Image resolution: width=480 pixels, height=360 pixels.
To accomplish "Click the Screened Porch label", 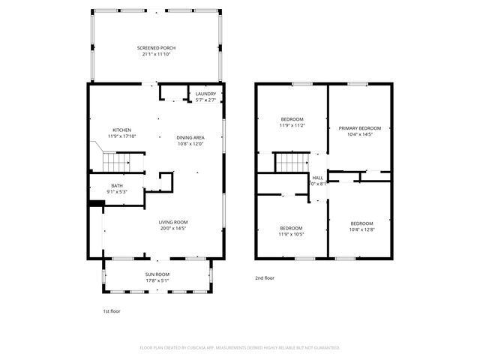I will [x=157, y=48].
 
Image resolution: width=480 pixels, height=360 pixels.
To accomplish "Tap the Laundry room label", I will [x=205, y=94].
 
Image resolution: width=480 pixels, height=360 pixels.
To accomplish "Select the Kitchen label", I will [x=121, y=130].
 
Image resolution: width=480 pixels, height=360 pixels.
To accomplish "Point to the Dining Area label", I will [x=190, y=138].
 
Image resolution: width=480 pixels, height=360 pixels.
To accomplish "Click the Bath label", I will [x=117, y=185].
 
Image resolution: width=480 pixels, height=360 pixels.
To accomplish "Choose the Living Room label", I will [x=172, y=222].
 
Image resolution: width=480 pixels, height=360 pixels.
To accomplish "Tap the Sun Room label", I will [x=157, y=275].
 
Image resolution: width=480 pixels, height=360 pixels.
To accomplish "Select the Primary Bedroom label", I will [x=359, y=128].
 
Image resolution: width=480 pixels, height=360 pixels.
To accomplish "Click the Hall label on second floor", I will [x=317, y=178].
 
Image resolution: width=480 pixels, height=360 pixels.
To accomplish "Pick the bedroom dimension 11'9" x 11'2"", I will [x=292, y=126].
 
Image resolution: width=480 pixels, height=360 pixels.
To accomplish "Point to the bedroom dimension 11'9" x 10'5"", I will [x=292, y=234].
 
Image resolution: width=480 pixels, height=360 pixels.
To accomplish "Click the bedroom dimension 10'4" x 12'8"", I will [x=361, y=229].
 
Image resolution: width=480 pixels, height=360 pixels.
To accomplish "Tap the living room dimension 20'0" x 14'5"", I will [x=172, y=229].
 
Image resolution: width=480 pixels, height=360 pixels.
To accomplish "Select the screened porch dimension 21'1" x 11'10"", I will [x=157, y=54].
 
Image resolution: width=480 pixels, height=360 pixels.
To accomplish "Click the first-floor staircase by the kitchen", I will [x=116, y=161].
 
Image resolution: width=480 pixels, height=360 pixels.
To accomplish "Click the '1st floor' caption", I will [x=111, y=310].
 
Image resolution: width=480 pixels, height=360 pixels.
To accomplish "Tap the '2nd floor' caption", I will [x=265, y=278].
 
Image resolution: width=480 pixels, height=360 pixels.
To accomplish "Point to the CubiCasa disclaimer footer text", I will [x=240, y=348].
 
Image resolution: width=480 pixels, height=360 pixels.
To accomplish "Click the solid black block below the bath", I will [x=95, y=202].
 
